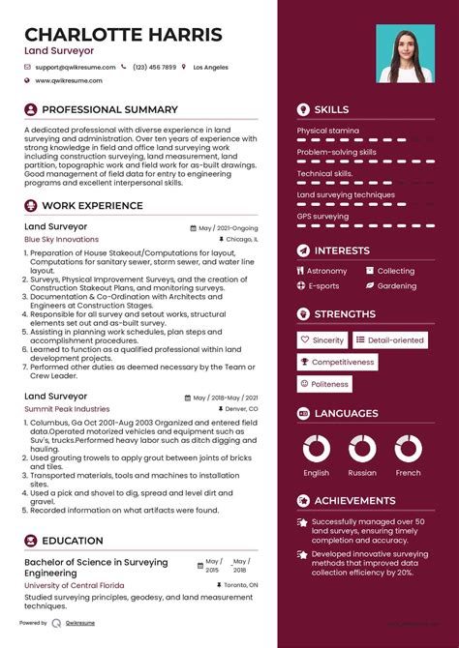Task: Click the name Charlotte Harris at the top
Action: coord(123,35)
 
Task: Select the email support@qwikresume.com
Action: coord(75,67)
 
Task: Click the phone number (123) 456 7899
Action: coord(155,67)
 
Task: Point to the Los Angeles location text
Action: coord(210,67)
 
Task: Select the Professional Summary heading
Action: coord(109,110)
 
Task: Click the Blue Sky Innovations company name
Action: coord(61,239)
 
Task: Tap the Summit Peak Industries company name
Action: coord(67,409)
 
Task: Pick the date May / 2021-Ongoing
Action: coord(228,227)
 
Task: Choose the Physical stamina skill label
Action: coord(327,131)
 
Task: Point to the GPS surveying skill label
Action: coord(322,217)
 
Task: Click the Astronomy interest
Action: coord(326,272)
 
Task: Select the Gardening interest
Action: coord(396,286)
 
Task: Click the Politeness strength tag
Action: coord(329,384)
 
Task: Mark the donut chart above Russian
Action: coord(362,449)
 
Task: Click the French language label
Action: coord(408,473)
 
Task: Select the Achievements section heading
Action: coord(355,500)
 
